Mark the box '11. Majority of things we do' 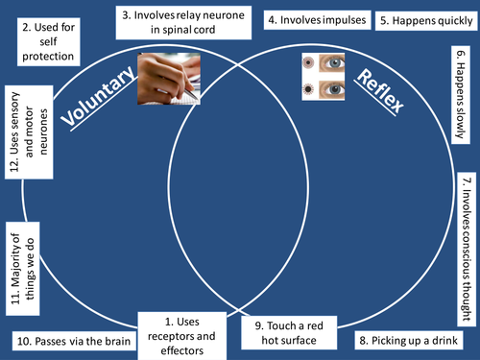24,270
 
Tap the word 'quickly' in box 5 443,20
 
